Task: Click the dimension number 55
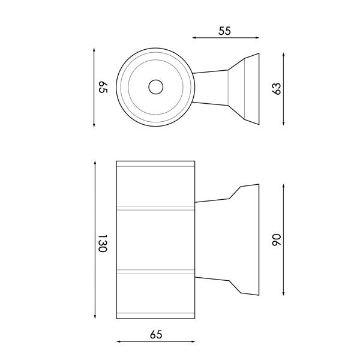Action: pos(226,31)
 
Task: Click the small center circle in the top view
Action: pos(155,87)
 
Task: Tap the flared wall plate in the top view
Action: pos(246,88)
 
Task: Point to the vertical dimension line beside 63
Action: pos(283,88)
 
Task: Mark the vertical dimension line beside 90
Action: pos(283,239)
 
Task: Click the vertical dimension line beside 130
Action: pos(95,240)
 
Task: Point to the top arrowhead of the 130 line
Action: pos(95,163)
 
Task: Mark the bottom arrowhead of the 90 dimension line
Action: pos(283,295)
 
